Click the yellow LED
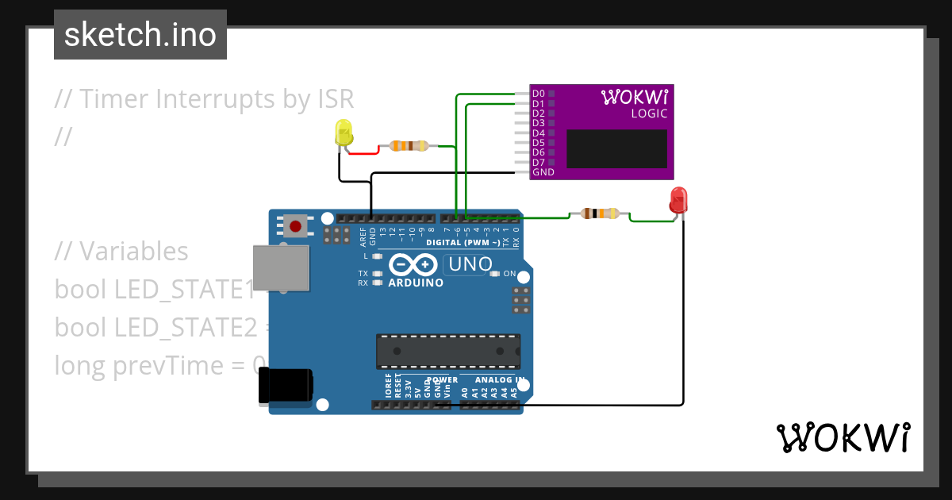[x=344, y=133]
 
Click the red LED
[x=678, y=200]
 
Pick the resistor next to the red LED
[x=599, y=213]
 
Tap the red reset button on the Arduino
[x=296, y=226]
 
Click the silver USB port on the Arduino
[x=281, y=267]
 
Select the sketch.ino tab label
[x=140, y=35]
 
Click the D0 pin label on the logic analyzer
[x=538, y=94]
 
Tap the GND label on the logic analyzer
[x=543, y=172]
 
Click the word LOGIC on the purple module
[x=649, y=113]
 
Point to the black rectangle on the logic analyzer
[x=617, y=148]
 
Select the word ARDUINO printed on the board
[x=415, y=283]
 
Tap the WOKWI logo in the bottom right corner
[x=843, y=438]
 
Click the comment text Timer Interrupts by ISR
[x=204, y=99]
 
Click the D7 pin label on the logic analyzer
[x=538, y=162]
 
